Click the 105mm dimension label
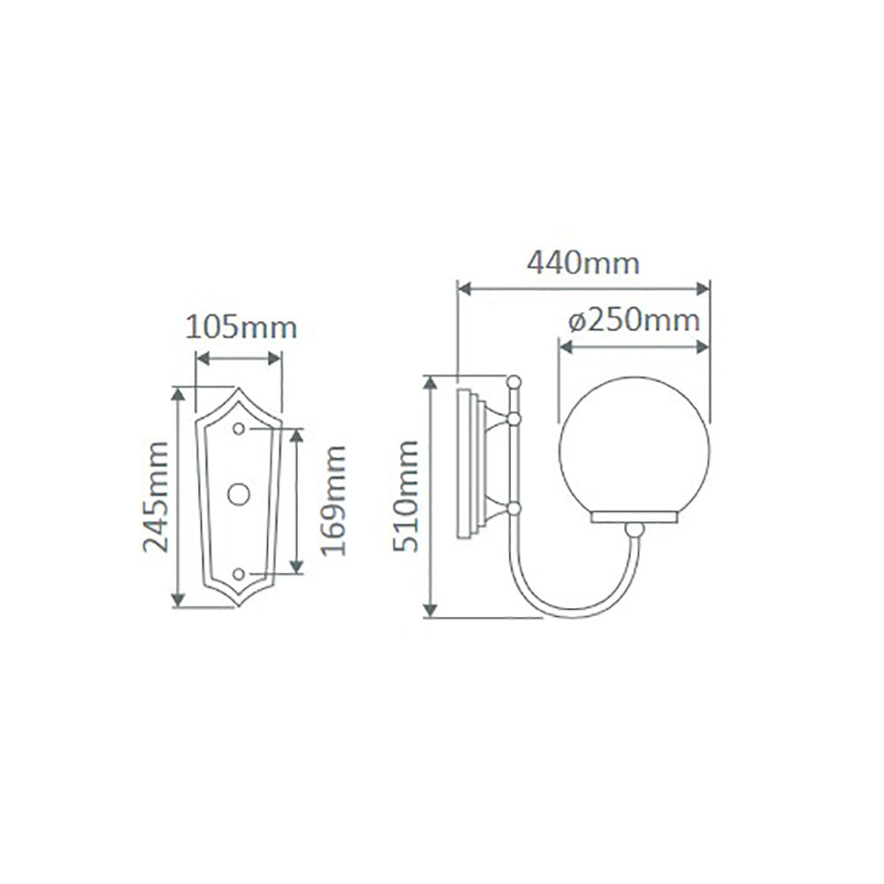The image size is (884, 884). pos(240,328)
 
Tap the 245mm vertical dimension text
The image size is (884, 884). pos(157,497)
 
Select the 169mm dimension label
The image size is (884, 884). pos(334,500)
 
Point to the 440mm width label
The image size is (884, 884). pos(583,263)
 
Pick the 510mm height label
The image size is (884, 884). pos(408,497)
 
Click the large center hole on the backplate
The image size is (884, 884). pos(239,495)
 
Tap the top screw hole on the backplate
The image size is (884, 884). pos(239,428)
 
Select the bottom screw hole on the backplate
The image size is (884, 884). pos(238,575)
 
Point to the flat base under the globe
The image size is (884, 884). pos(633,517)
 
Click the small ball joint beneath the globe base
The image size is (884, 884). pos(633,530)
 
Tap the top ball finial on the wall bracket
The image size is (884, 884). pos(513,381)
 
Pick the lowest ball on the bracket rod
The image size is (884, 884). pos(513,508)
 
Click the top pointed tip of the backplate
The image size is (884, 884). pos(237,390)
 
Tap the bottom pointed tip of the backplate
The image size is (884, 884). pos(237,606)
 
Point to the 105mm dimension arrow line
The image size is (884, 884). pos(239,358)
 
